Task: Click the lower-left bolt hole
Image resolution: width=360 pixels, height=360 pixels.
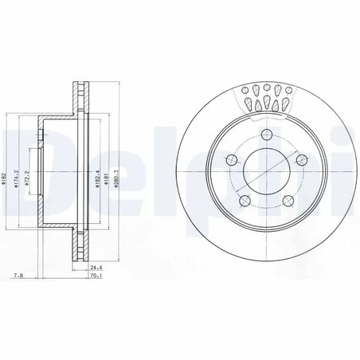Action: coord(245,198)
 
